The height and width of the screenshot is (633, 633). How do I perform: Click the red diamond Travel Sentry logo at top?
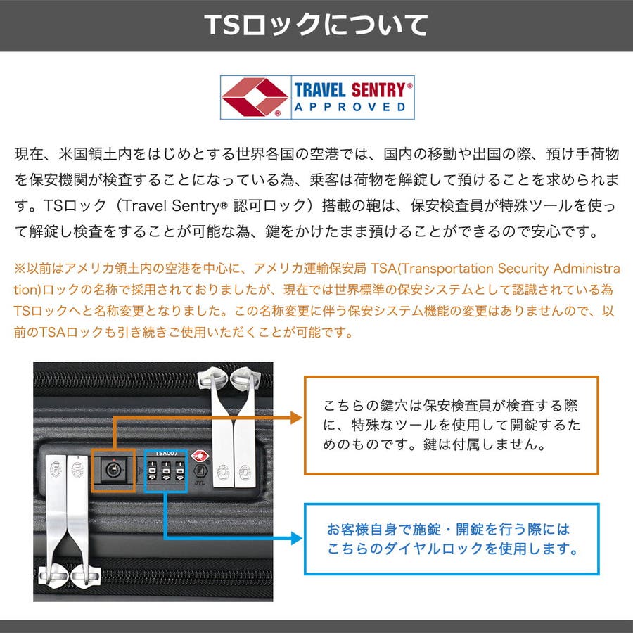255,97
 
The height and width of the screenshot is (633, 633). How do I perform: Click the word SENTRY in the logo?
378,90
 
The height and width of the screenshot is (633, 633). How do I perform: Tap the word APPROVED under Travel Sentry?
350,107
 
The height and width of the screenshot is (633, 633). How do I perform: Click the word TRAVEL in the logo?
320,90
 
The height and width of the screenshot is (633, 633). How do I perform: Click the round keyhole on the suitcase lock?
113,469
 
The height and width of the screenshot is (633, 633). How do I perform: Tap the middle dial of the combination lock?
166,471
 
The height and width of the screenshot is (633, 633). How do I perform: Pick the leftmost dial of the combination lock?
152,471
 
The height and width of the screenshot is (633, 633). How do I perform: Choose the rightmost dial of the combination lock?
180,471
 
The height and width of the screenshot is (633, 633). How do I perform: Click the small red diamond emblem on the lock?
200,456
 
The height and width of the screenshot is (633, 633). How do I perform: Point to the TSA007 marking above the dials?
166,454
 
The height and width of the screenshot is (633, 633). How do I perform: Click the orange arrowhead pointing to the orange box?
296,417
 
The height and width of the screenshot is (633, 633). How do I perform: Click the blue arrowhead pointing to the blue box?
296,538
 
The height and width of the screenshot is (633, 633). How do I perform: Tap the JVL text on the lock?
200,482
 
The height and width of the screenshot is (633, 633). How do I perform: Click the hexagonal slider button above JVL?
200,471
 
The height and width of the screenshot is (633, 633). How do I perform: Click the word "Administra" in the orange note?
586,269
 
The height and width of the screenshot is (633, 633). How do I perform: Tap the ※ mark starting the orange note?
20,269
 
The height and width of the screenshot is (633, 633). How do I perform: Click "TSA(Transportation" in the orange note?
432,269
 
